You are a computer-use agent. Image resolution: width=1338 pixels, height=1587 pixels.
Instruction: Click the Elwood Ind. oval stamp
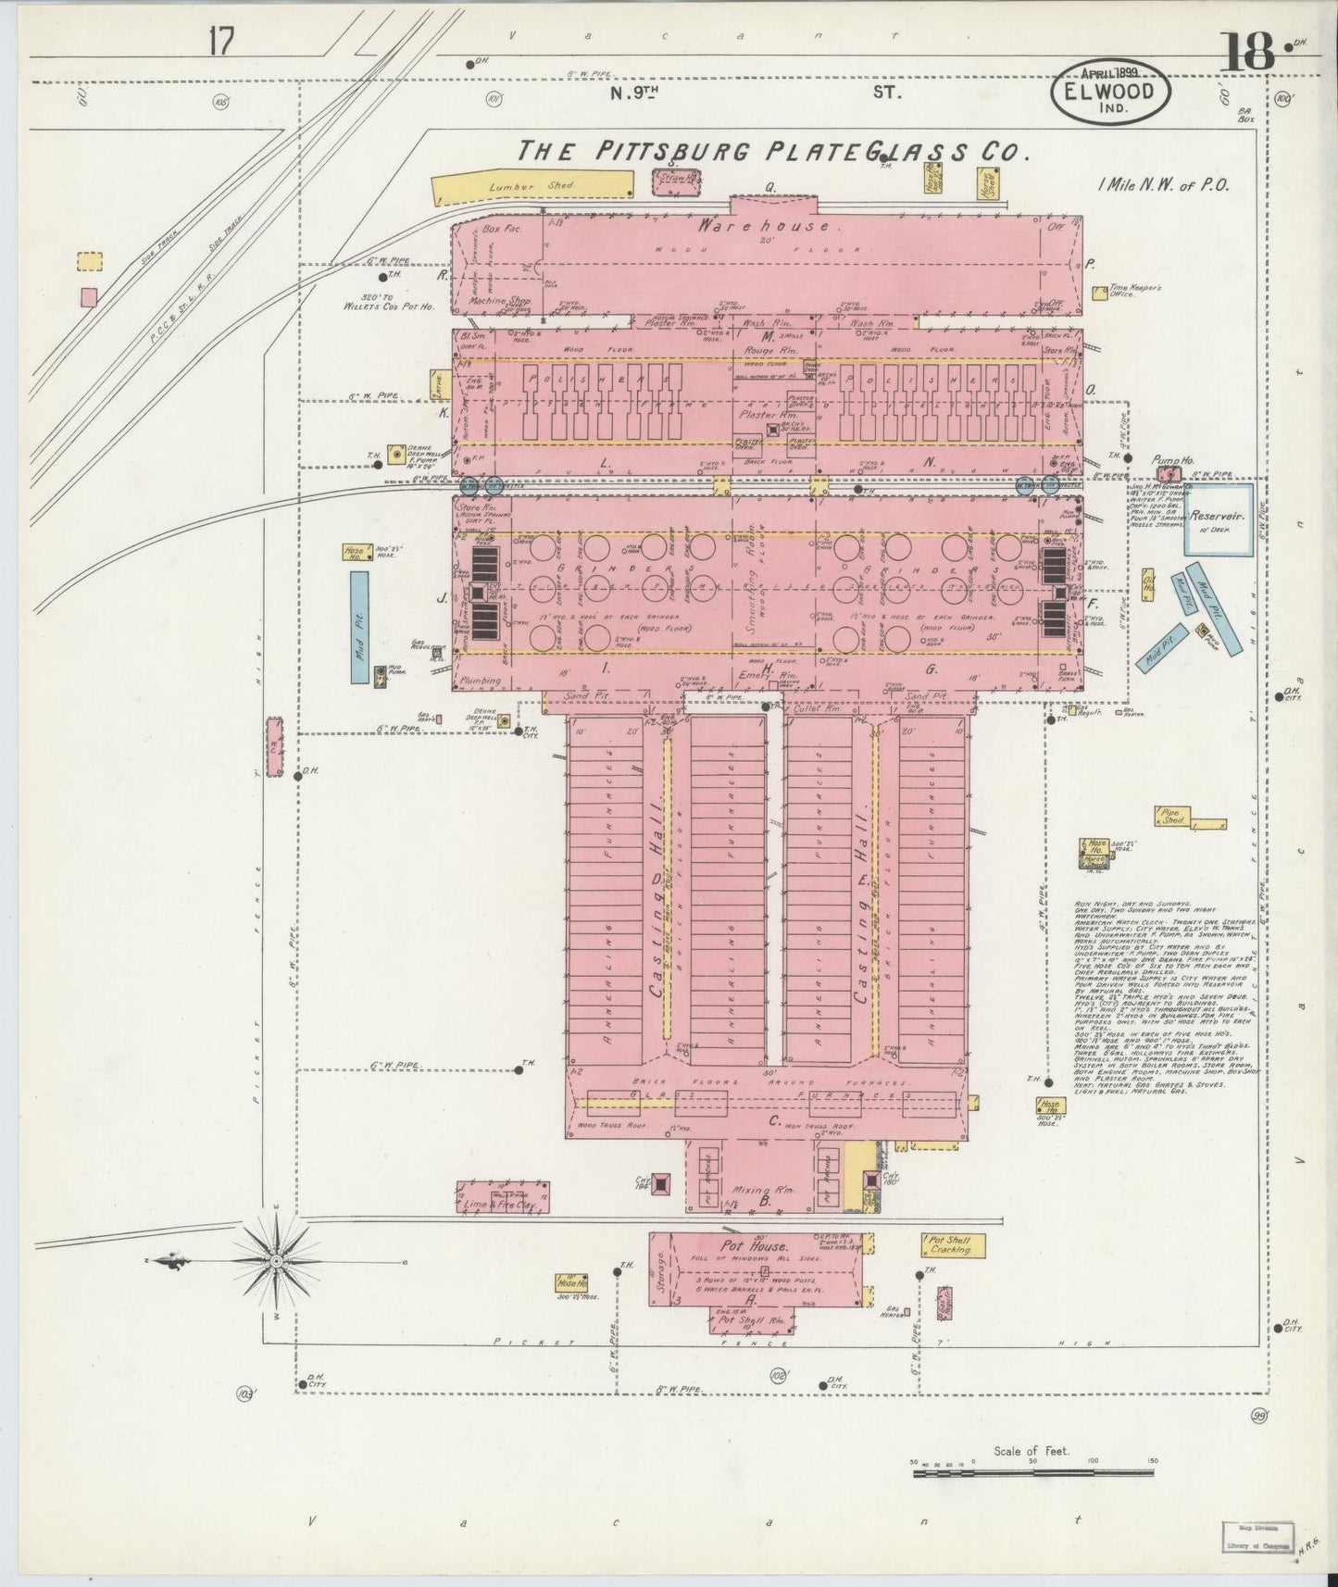(1110, 94)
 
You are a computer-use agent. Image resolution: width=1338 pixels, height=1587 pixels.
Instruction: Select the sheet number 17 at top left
(221, 42)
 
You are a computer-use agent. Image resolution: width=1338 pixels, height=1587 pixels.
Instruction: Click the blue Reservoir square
(1219, 519)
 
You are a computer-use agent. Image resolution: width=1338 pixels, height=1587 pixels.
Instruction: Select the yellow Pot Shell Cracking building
(953, 1244)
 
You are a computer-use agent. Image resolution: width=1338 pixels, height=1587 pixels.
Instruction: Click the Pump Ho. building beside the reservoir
(1169, 473)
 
